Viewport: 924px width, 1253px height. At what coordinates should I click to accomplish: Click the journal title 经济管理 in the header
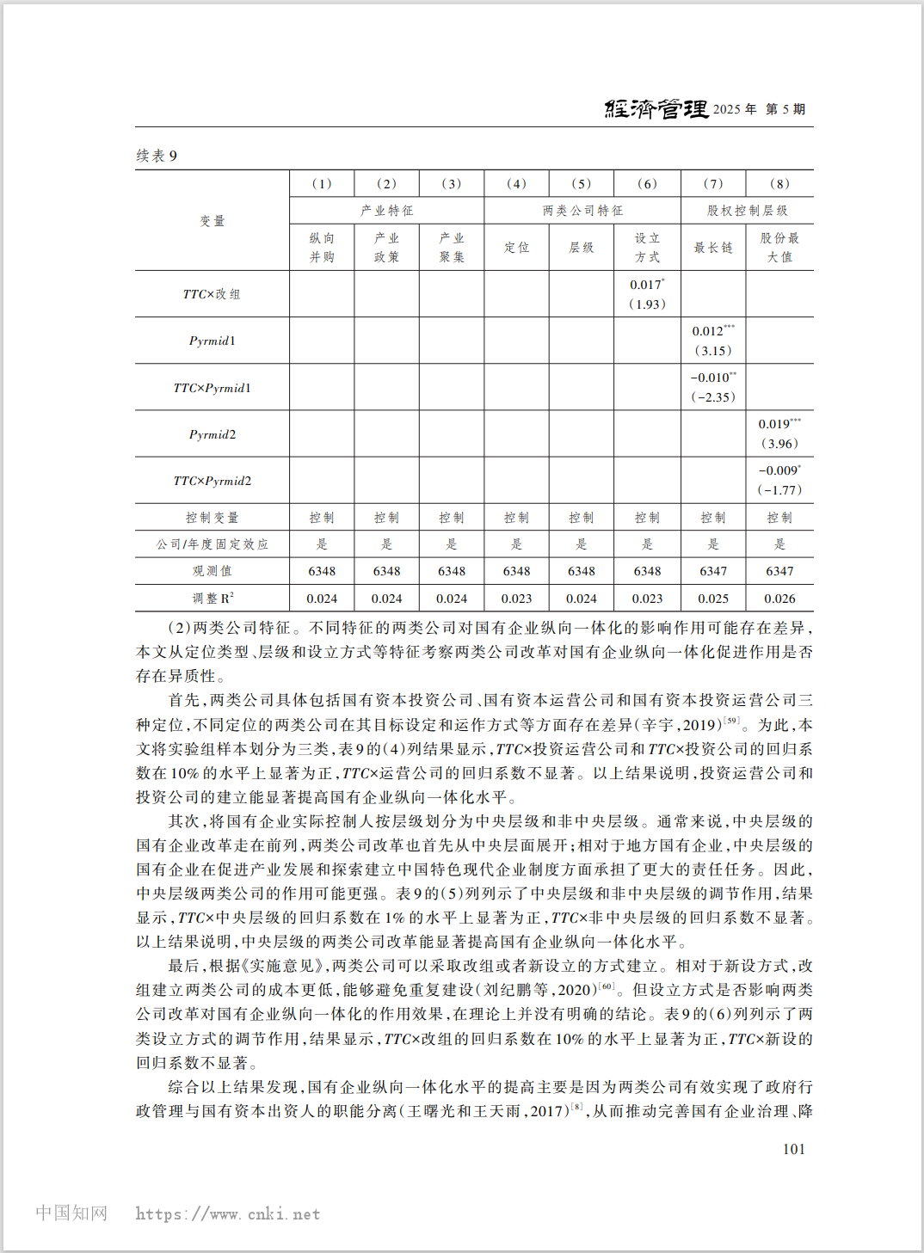[656, 109]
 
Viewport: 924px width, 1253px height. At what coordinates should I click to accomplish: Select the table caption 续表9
[157, 156]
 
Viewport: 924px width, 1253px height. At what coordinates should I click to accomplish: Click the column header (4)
[516, 183]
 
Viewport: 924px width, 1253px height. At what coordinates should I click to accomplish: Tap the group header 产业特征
[387, 211]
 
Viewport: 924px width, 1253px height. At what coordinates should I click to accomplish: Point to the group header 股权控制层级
[747, 211]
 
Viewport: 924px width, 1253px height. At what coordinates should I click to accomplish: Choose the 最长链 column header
[713, 248]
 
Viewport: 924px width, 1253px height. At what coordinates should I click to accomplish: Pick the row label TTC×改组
[212, 294]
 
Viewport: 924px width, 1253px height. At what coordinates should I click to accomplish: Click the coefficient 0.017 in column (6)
[647, 285]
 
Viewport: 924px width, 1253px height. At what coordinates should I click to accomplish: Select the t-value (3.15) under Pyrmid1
[713, 351]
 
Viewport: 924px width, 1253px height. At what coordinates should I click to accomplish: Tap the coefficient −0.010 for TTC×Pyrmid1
[713, 378]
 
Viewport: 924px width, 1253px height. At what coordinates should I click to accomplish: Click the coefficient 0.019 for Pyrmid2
[779, 424]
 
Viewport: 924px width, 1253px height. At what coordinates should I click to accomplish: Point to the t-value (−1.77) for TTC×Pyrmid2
[779, 490]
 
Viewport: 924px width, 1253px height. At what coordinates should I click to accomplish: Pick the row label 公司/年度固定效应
[212, 544]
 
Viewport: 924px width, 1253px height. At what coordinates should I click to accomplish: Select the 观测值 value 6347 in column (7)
[713, 571]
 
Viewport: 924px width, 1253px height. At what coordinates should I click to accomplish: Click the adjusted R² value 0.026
[779, 599]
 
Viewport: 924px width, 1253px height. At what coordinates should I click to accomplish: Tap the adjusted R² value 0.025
[713, 599]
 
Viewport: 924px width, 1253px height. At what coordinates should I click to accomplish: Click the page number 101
[794, 1149]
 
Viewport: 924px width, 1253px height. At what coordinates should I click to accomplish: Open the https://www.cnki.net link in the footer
[228, 1214]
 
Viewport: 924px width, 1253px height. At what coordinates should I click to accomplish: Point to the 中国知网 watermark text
[71, 1213]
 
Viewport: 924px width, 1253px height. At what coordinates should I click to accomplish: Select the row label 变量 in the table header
[212, 221]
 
